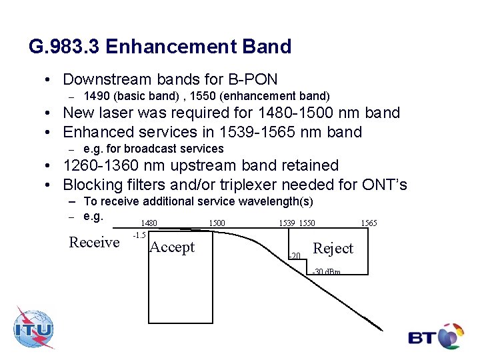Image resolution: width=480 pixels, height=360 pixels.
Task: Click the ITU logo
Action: [x=33, y=329]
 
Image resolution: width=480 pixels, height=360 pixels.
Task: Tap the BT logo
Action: [x=436, y=337]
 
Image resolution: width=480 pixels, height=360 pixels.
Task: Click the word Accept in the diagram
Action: [x=172, y=247]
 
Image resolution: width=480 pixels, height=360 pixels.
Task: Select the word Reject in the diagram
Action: [x=333, y=249]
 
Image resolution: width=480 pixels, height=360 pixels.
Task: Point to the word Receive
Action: [x=94, y=243]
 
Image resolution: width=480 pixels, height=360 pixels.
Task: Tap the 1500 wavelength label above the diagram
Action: [x=217, y=223]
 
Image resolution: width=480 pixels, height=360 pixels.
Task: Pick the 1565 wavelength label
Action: [x=369, y=223]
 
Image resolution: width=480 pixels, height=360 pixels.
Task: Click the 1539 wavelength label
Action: [x=287, y=223]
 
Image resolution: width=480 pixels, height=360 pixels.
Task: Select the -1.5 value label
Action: [x=139, y=235]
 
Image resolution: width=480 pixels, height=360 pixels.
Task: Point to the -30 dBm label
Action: [x=326, y=272]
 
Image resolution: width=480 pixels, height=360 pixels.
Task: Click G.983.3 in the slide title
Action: [x=65, y=47]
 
